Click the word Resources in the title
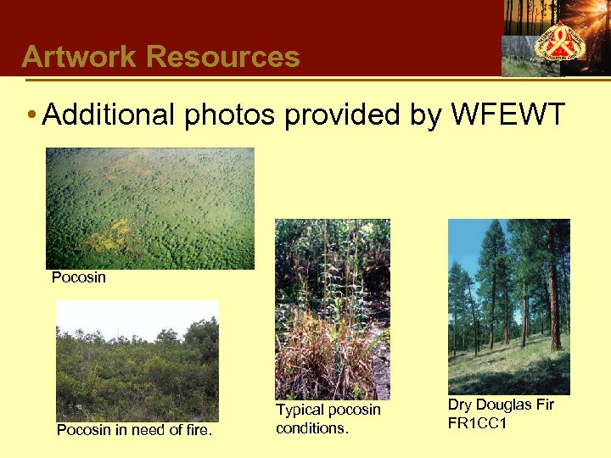223,57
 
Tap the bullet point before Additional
31,114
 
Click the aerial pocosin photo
149,208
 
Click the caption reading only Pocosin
79,277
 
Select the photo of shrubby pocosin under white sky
137,360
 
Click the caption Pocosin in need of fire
134,430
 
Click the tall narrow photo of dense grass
332,309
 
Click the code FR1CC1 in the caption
477,422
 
